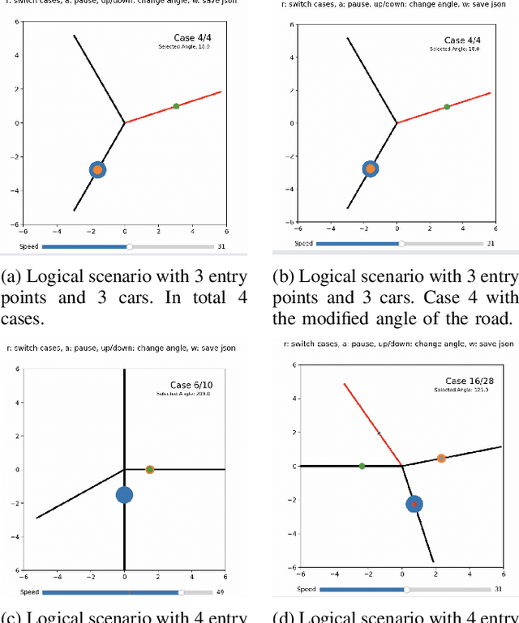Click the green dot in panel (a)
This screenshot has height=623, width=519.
pyautogui.click(x=176, y=106)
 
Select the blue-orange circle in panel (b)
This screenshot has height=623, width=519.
pyautogui.click(x=371, y=169)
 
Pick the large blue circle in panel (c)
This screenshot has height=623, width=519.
pyautogui.click(x=124, y=495)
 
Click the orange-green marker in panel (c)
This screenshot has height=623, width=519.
pyautogui.click(x=150, y=469)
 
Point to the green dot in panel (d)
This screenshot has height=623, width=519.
pyautogui.click(x=362, y=466)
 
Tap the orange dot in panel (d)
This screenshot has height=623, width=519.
pyautogui.click(x=441, y=459)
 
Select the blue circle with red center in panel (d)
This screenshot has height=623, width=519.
pyautogui.click(x=414, y=504)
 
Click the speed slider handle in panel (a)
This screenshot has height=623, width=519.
pyautogui.click(x=129, y=246)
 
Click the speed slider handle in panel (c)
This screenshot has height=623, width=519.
pyautogui.click(x=181, y=592)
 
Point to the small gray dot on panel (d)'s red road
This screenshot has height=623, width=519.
pyautogui.click(x=378, y=433)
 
